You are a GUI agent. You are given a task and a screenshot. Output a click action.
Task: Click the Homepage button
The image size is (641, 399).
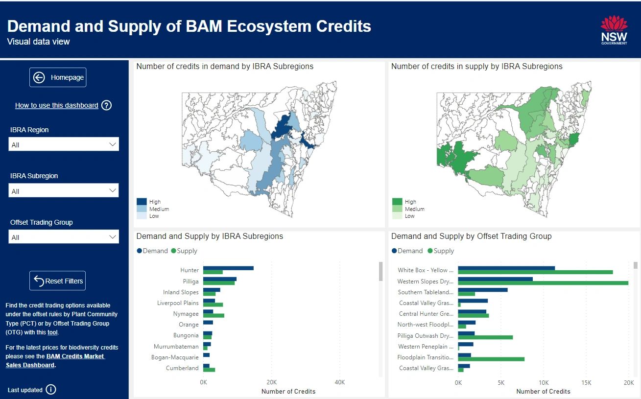pos(58,77)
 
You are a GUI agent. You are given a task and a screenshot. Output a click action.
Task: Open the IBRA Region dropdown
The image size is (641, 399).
pos(64,144)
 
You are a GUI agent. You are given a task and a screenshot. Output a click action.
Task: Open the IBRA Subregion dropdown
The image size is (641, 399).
pos(64,191)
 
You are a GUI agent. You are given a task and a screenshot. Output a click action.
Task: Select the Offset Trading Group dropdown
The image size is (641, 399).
pos(64,237)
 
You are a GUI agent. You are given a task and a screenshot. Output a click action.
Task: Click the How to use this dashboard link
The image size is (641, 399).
pos(56,105)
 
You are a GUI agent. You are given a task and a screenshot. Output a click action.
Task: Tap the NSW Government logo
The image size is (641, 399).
pos(614,30)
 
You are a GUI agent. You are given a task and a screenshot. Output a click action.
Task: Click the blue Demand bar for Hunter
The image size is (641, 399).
pos(228,268)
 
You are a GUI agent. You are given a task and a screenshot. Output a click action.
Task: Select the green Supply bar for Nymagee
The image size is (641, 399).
pos(214,316)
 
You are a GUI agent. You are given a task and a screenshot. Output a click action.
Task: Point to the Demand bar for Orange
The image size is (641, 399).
pos(208,322)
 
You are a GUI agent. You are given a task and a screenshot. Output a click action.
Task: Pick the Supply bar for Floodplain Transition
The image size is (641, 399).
pos(491,359)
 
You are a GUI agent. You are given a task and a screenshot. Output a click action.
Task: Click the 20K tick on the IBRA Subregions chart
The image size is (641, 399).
pos(271,382)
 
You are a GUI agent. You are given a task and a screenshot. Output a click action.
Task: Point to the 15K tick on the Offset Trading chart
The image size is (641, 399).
pos(586,382)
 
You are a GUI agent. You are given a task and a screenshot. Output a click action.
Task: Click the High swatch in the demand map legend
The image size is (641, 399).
pos(142,202)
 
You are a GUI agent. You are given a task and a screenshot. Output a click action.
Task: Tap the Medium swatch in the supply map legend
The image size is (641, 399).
pos(397,209)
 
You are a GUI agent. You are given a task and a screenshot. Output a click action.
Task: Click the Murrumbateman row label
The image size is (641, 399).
pos(176,346)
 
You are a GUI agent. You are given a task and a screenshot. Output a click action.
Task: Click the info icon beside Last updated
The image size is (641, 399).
pos(51,390)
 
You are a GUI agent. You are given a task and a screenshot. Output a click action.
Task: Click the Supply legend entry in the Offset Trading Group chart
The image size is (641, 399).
pos(441,251)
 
